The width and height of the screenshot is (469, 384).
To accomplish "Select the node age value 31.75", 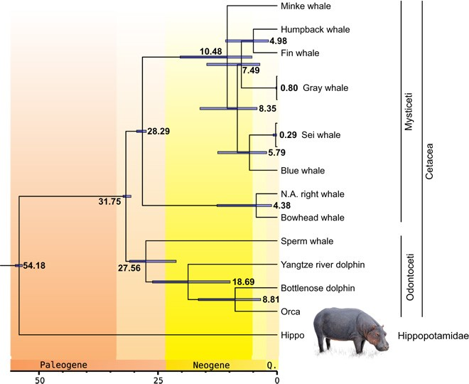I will tap(111, 202).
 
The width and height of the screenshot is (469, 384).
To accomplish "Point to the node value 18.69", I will tap(245, 282).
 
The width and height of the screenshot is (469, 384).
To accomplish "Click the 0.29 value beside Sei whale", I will tap(288, 134).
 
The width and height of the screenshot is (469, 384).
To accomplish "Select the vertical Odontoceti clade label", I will tap(409, 276).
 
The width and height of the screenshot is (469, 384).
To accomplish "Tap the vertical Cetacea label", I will tap(429, 161).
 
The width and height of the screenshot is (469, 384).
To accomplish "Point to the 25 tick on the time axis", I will tap(159, 378).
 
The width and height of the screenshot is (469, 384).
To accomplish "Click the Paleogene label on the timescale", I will tap(63, 366).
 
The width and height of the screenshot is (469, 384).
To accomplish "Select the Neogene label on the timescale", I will tap(212, 366).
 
